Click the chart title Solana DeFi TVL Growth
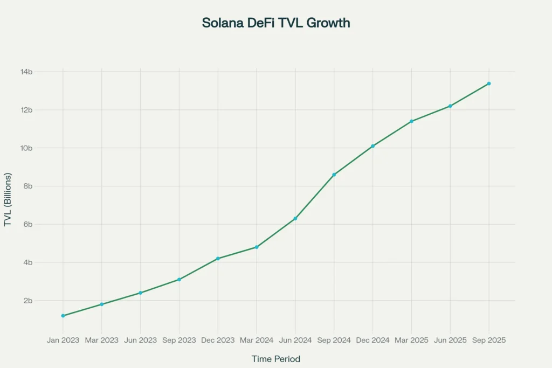click(276, 23)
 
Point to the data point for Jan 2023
click(63, 316)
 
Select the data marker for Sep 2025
click(489, 84)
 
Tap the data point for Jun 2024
click(295, 218)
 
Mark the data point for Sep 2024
click(334, 175)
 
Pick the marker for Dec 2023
click(218, 259)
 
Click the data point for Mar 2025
click(411, 121)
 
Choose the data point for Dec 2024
click(372, 146)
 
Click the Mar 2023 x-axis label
click(102, 341)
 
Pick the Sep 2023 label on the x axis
click(179, 341)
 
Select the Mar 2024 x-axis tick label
click(257, 341)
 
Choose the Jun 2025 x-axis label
click(450, 341)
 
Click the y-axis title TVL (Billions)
click(8, 200)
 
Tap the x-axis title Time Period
click(276, 359)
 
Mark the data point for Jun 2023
click(141, 293)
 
